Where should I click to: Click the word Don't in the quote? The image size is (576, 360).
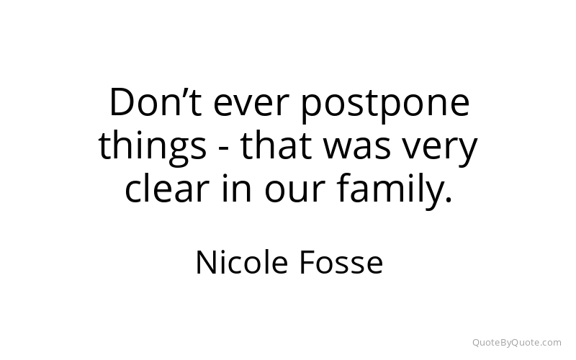point(156,102)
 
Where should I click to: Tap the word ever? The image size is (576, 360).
point(249,105)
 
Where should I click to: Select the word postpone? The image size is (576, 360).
point(385,105)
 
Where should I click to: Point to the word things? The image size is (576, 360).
point(153,147)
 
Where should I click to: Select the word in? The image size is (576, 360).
point(237,188)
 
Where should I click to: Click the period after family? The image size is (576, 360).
point(448,199)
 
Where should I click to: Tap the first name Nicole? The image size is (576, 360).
point(242,262)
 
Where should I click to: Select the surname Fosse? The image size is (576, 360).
point(341,263)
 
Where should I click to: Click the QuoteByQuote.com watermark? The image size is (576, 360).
point(517,343)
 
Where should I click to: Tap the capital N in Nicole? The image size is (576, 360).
point(207,263)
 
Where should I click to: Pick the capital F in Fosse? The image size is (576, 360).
point(307,263)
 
